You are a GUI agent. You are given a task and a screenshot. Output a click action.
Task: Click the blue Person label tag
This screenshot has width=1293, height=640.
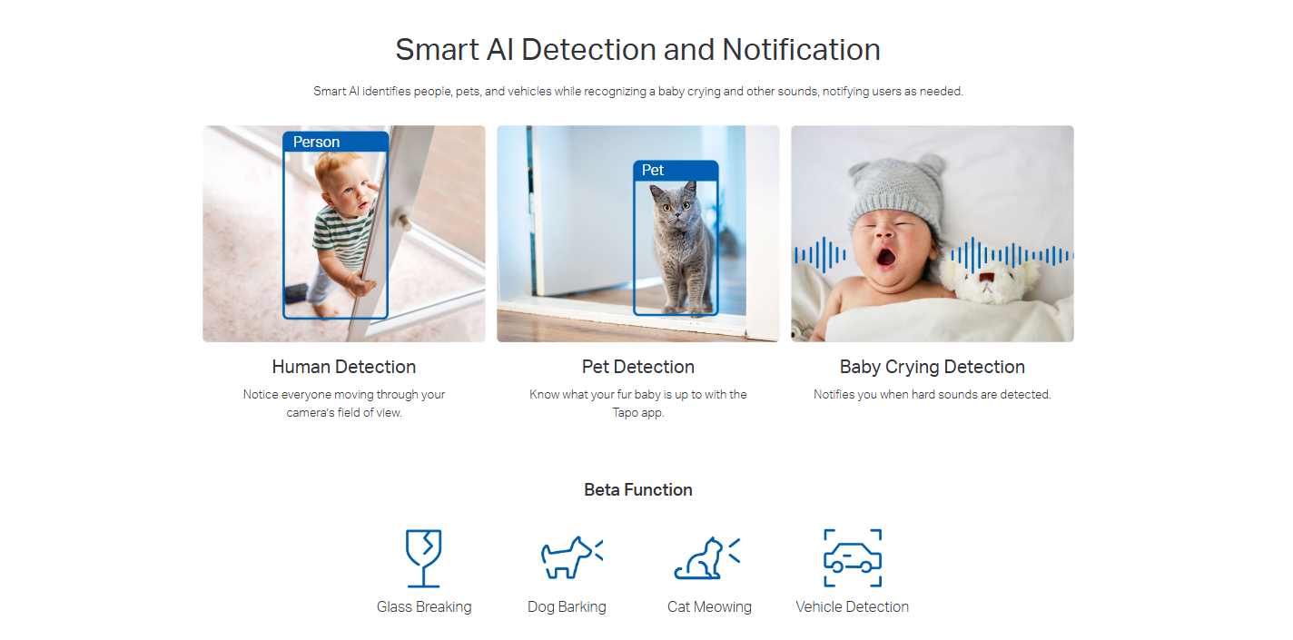pos(335,142)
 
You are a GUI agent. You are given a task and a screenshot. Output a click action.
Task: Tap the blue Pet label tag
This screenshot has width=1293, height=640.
pos(676,171)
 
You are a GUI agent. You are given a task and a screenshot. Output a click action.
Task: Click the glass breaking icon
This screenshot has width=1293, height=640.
pos(424,558)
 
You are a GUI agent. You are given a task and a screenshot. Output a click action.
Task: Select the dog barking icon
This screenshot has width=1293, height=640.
pos(571,556)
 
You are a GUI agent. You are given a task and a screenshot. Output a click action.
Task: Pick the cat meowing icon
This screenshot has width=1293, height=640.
pos(706,558)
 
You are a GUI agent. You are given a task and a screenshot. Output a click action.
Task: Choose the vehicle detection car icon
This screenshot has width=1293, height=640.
pos(853,558)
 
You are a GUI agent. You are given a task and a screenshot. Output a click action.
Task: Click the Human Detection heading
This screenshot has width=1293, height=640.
pos(344,367)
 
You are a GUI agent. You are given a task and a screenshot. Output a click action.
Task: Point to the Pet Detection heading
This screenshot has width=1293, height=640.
pos(637,367)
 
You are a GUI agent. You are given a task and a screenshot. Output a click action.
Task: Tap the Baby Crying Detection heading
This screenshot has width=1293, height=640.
pos(933,367)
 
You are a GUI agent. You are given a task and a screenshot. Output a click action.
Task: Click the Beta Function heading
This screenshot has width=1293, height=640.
pos(637,490)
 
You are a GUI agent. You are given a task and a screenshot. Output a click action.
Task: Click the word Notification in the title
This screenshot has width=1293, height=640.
pos(801,50)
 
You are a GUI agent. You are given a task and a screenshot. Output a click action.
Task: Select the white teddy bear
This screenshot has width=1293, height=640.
pos(988,280)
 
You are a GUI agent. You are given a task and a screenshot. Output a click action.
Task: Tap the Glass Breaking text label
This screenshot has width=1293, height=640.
pos(424,607)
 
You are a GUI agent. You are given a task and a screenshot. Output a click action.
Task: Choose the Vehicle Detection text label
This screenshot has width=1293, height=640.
pos(852,607)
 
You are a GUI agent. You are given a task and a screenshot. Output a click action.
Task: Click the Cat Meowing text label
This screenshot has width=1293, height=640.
pos(709,607)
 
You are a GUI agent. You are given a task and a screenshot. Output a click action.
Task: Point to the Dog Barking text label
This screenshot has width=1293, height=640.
pos(567,607)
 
